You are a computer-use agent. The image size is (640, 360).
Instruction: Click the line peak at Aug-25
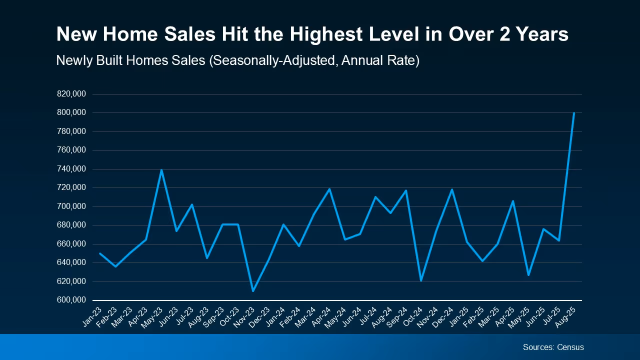574,113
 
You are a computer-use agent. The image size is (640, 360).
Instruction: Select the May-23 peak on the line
161,170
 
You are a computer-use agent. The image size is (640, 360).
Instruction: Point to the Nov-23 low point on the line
253,290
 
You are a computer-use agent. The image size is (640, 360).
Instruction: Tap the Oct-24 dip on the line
421,280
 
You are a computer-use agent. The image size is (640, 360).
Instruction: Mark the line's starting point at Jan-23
100,253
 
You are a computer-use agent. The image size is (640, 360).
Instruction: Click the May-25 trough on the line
528,275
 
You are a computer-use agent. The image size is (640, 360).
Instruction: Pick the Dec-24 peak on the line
452,189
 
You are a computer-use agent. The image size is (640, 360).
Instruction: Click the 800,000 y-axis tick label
71,113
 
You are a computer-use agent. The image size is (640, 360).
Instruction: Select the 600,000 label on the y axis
71,300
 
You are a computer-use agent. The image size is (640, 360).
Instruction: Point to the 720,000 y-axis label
71,188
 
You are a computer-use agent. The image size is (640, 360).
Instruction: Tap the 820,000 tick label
71,94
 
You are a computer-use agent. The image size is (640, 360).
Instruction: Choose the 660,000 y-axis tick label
71,244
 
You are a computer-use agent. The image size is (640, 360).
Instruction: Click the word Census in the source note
570,347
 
